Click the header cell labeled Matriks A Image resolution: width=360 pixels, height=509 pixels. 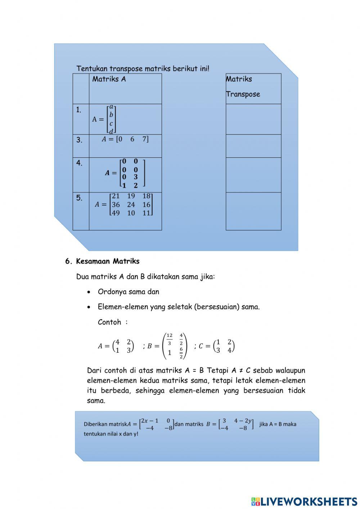pos(109,79)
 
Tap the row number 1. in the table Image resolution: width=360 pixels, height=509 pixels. pos(79,110)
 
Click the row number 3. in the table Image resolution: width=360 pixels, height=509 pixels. pos(79,140)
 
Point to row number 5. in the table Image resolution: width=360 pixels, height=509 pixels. pos(79,198)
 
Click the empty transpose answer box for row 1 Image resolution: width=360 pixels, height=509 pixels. pos(253,119)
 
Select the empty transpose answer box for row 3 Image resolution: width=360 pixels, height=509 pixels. pos(253,146)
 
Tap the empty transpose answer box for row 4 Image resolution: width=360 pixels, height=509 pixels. pos(253,175)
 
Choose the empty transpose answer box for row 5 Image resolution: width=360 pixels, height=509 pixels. pos(253,211)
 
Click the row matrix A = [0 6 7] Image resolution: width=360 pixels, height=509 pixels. pos(125,139)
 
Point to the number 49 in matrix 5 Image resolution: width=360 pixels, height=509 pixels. pos(116,213)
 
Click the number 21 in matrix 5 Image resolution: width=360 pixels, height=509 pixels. pos(116,196)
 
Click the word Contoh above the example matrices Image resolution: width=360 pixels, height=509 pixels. pos(109,322)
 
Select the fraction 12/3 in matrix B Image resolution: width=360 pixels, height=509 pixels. pos(169,339)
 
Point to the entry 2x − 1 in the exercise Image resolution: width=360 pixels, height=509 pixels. pos(149,421)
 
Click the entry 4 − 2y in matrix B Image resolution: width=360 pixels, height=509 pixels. pos(243,421)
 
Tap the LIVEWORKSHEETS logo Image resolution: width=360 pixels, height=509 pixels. pos(304,501)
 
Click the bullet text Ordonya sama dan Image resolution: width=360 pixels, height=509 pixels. pos(128,292)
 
